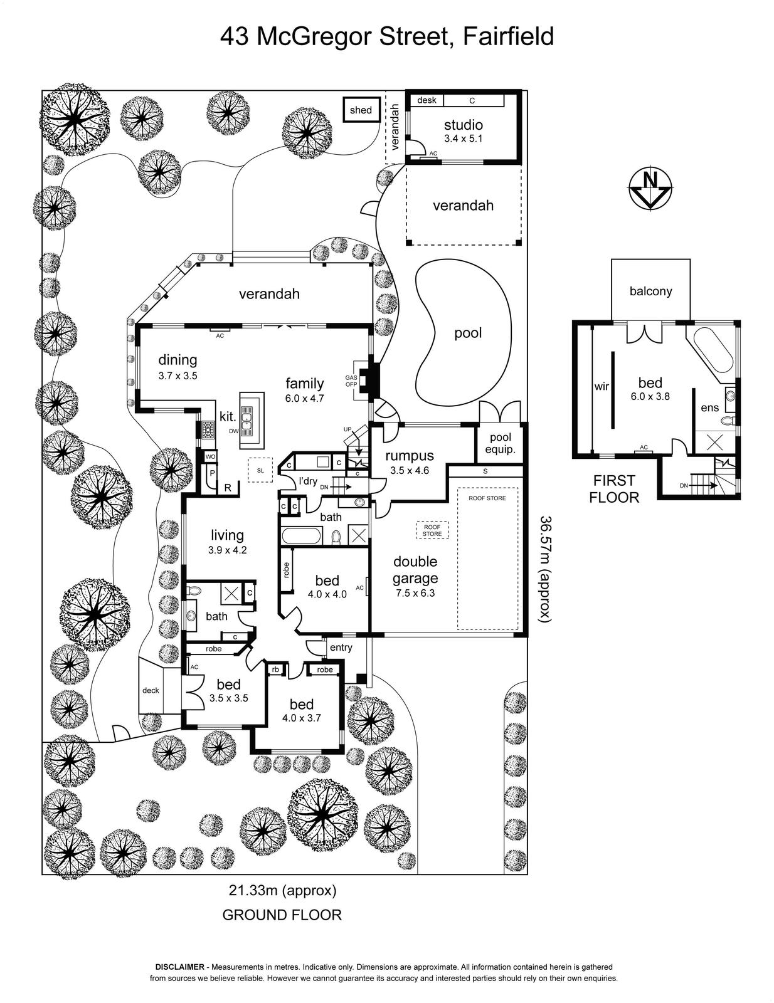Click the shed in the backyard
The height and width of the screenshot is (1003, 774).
(x=361, y=110)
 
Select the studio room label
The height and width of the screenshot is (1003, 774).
(x=463, y=125)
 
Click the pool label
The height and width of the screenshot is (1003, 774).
(x=468, y=333)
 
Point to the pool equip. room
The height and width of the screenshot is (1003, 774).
(x=501, y=443)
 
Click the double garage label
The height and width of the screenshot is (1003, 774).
(x=415, y=570)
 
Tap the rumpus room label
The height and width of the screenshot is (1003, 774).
(x=410, y=456)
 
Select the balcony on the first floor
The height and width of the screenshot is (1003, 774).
(x=650, y=291)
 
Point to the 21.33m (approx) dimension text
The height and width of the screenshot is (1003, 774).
(x=282, y=890)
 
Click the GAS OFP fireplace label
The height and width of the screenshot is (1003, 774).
(x=351, y=381)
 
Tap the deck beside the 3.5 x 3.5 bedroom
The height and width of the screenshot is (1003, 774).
(x=151, y=690)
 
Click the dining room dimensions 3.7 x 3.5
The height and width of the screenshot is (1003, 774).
(x=178, y=376)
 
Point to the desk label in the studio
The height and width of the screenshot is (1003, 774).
(x=427, y=100)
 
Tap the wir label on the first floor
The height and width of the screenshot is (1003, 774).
(x=602, y=387)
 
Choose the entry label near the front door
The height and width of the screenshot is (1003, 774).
(x=341, y=648)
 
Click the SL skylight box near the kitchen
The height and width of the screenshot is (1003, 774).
(x=260, y=470)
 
